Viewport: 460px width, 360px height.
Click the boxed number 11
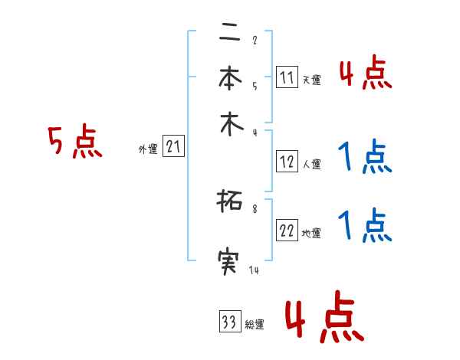click(x=287, y=77)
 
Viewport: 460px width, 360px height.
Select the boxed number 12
click(x=287, y=161)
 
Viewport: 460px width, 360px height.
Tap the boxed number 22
click(x=287, y=231)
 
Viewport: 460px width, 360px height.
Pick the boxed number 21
click(x=173, y=146)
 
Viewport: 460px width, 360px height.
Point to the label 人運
click(x=311, y=164)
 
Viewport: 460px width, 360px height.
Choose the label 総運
click(x=255, y=325)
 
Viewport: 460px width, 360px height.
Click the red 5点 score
click(x=75, y=142)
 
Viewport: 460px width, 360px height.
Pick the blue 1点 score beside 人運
click(x=365, y=158)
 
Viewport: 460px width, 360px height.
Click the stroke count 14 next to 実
click(x=254, y=270)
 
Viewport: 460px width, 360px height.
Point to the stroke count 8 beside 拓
click(x=254, y=207)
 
